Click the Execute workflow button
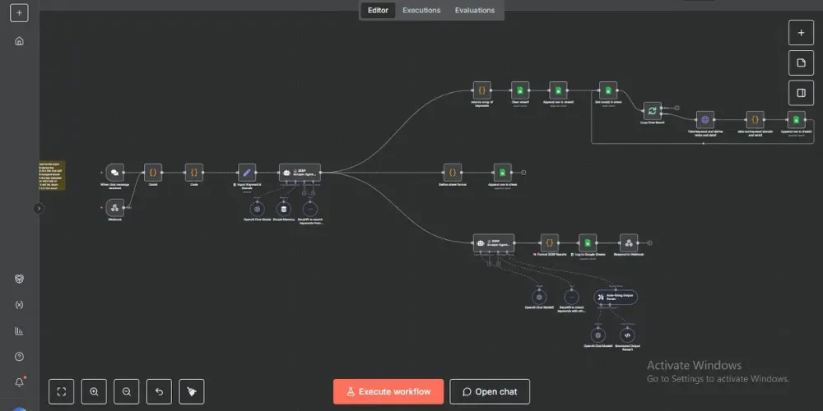pyautogui.click(x=388, y=391)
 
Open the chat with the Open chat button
pyautogui.click(x=489, y=391)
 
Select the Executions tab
pyautogui.click(x=421, y=11)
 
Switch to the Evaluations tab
pyautogui.click(x=475, y=11)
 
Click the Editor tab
pyautogui.click(x=378, y=11)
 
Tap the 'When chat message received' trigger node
pyautogui.click(x=115, y=172)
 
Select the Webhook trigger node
pyautogui.click(x=115, y=207)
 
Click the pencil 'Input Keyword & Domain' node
pyautogui.click(x=246, y=172)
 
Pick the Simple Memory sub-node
pyautogui.click(x=283, y=209)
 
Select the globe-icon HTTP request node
pyautogui.click(x=704, y=120)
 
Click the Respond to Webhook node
pyautogui.click(x=629, y=242)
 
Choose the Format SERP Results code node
pyautogui.click(x=549, y=242)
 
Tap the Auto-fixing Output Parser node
pyautogui.click(x=616, y=297)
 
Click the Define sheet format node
pyautogui.click(x=451, y=172)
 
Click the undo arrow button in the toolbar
pyautogui.click(x=158, y=391)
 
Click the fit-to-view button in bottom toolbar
pyautogui.click(x=62, y=391)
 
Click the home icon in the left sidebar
pyautogui.click(x=19, y=41)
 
